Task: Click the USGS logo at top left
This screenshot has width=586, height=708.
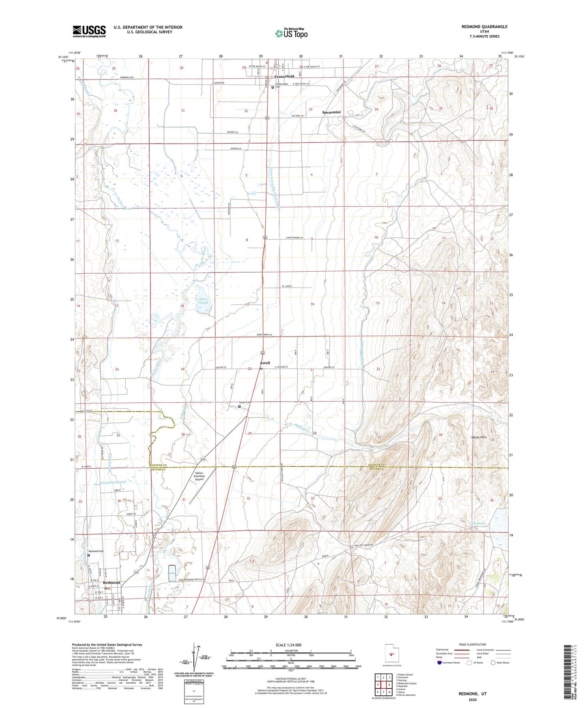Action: (x=89, y=31)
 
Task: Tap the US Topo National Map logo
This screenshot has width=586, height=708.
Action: (x=291, y=33)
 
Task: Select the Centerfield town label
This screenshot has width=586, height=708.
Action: (x=284, y=76)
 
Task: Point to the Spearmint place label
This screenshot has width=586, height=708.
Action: (x=331, y=112)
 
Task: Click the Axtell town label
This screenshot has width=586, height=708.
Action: (x=264, y=363)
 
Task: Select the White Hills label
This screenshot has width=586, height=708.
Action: (x=479, y=437)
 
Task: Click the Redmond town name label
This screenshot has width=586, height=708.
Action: (x=112, y=583)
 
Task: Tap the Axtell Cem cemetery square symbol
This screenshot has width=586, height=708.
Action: (x=239, y=406)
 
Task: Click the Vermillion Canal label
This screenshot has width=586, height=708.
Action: (x=114, y=482)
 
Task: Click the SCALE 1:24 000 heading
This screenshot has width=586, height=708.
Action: (x=291, y=645)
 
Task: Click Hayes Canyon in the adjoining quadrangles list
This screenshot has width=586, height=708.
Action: (x=406, y=675)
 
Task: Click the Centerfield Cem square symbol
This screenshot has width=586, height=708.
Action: (x=272, y=86)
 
